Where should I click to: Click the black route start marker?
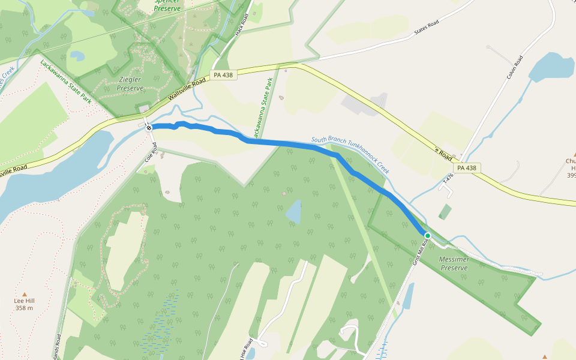coord(149,127)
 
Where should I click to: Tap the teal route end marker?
coord(428,235)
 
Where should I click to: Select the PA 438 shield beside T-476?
coord(466,168)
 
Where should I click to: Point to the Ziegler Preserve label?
coord(130,83)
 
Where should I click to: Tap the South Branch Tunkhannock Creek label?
coord(350,155)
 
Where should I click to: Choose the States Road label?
coord(426,28)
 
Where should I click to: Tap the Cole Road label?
coord(150,155)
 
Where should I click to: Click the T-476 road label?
coord(447,178)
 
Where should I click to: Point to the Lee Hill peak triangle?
coord(24,293)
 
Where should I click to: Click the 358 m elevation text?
coord(24,308)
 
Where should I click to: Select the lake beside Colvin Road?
coord(550,67)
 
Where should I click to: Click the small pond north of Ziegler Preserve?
coord(77,56)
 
